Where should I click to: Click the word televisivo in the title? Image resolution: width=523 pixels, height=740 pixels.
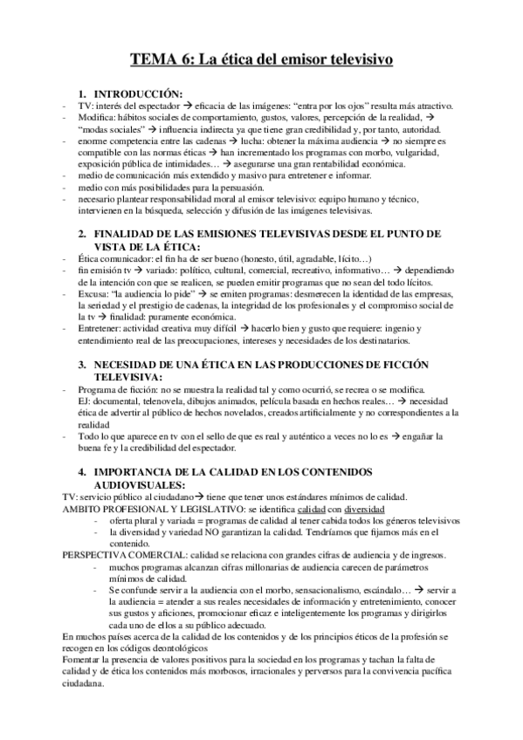click(x=352, y=59)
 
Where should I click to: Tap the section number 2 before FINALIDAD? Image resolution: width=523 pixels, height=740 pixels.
click(x=81, y=235)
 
